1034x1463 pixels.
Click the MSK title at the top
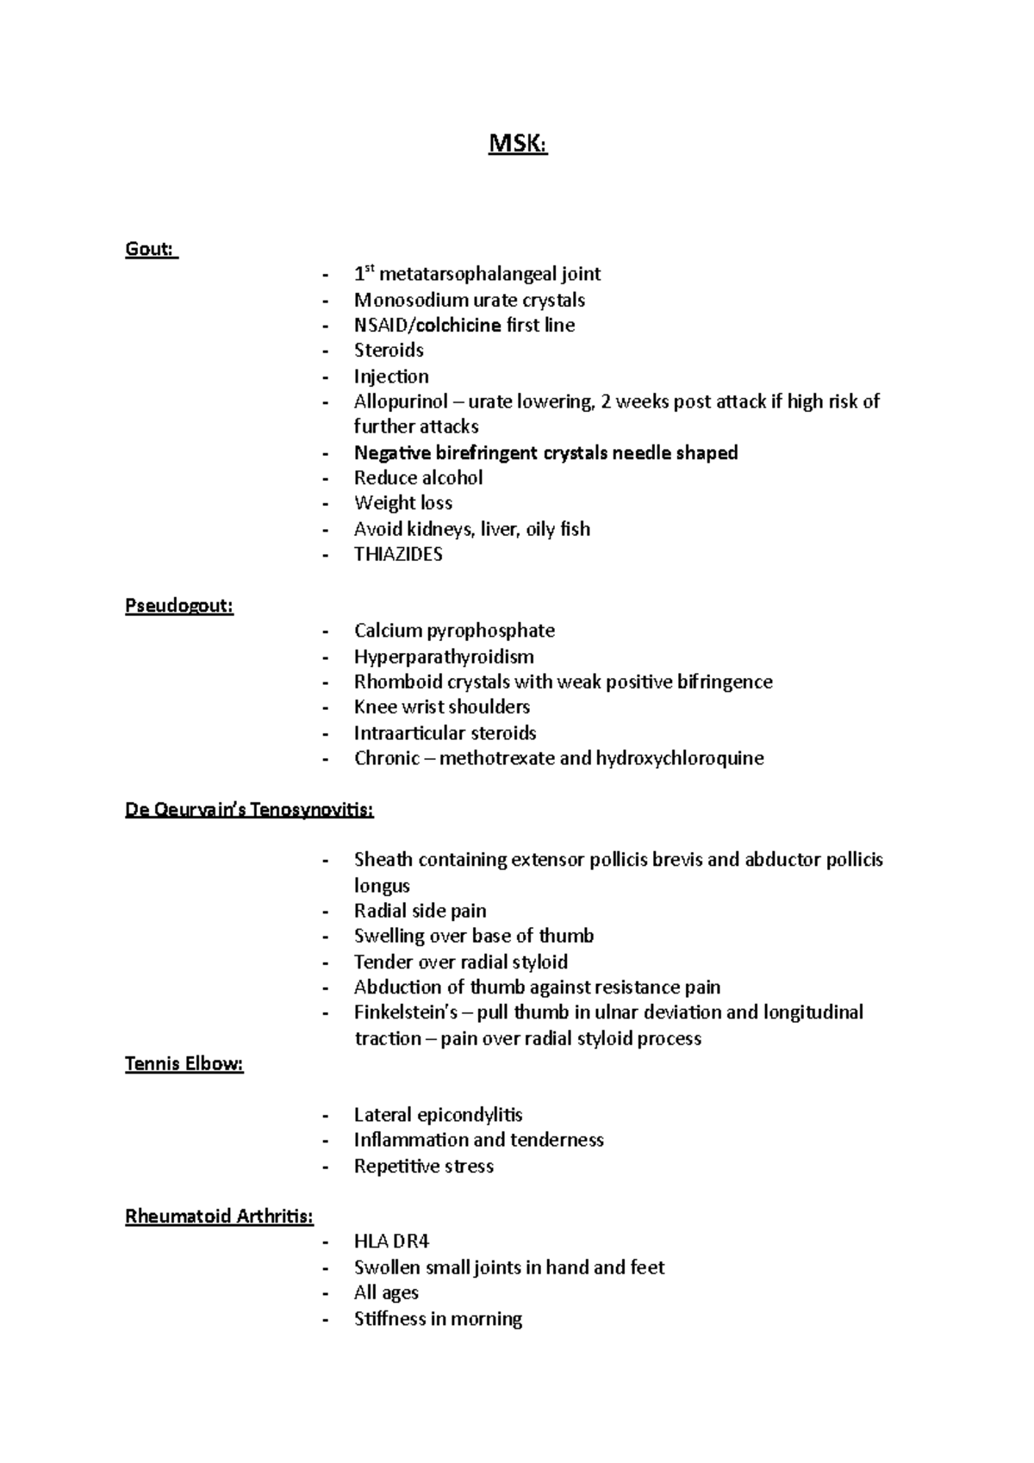click(x=517, y=144)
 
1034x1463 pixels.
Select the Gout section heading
click(x=151, y=249)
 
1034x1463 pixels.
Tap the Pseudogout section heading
click(x=179, y=606)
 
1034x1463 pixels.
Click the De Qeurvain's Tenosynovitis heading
click(x=249, y=810)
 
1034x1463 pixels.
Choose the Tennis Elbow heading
click(x=184, y=1063)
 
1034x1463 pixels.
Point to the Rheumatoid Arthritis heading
click(x=219, y=1216)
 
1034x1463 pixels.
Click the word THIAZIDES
click(x=398, y=554)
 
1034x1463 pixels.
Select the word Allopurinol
click(x=401, y=402)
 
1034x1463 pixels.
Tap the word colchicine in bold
click(x=458, y=325)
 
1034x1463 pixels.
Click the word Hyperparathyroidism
click(x=444, y=657)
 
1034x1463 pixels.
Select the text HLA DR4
click(x=391, y=1241)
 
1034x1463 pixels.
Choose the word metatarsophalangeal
click(x=468, y=274)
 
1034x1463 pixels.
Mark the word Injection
click(x=391, y=376)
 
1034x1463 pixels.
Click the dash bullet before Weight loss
click(x=325, y=503)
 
